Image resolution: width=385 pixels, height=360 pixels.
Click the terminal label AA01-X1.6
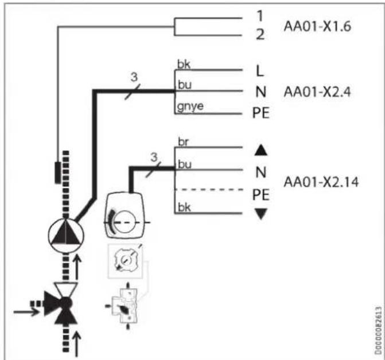[x=317, y=26]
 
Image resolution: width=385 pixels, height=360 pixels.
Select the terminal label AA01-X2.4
[x=317, y=92]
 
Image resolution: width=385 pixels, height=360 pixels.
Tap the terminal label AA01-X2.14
[x=321, y=182]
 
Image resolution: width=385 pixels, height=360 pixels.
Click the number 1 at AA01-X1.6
[x=260, y=15]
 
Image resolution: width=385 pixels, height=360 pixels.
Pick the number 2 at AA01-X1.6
[x=260, y=34]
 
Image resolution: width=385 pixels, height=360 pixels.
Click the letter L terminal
[x=260, y=71]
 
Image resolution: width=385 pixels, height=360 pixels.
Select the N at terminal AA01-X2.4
[x=260, y=92]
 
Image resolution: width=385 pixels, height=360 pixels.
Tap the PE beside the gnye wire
[x=260, y=113]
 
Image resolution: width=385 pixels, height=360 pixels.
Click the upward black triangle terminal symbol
[x=260, y=150]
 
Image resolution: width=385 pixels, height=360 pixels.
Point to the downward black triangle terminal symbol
[x=260, y=214]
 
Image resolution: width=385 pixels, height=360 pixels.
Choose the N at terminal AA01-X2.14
[x=260, y=172]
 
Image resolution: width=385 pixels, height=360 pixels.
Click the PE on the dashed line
[x=260, y=195]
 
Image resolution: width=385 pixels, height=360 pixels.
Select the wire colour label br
[x=183, y=142]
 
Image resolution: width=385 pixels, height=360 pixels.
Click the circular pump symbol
[x=66, y=236]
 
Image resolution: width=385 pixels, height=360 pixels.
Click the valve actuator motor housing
[x=125, y=216]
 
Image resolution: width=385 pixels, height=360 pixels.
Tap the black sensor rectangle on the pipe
[x=58, y=173]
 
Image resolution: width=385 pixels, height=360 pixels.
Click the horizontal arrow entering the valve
[x=26, y=312]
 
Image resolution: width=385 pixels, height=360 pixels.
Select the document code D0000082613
[x=378, y=330]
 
